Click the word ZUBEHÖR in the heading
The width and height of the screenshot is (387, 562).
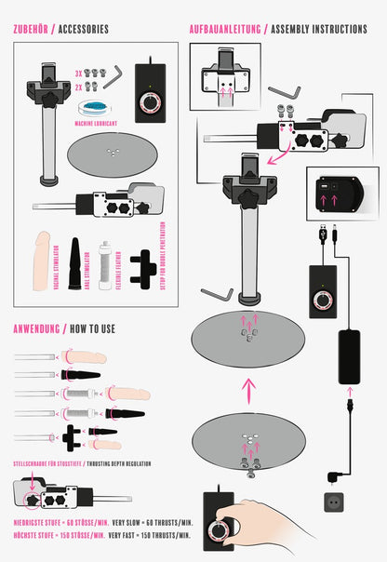(x=31, y=30)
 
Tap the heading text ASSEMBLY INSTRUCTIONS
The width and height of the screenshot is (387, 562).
(x=319, y=29)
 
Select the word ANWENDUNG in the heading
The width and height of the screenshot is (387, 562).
(x=33, y=328)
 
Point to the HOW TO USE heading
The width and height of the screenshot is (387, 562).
(x=91, y=328)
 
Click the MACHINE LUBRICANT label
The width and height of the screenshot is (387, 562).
(x=98, y=122)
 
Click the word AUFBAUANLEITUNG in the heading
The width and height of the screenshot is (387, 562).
(x=223, y=29)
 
